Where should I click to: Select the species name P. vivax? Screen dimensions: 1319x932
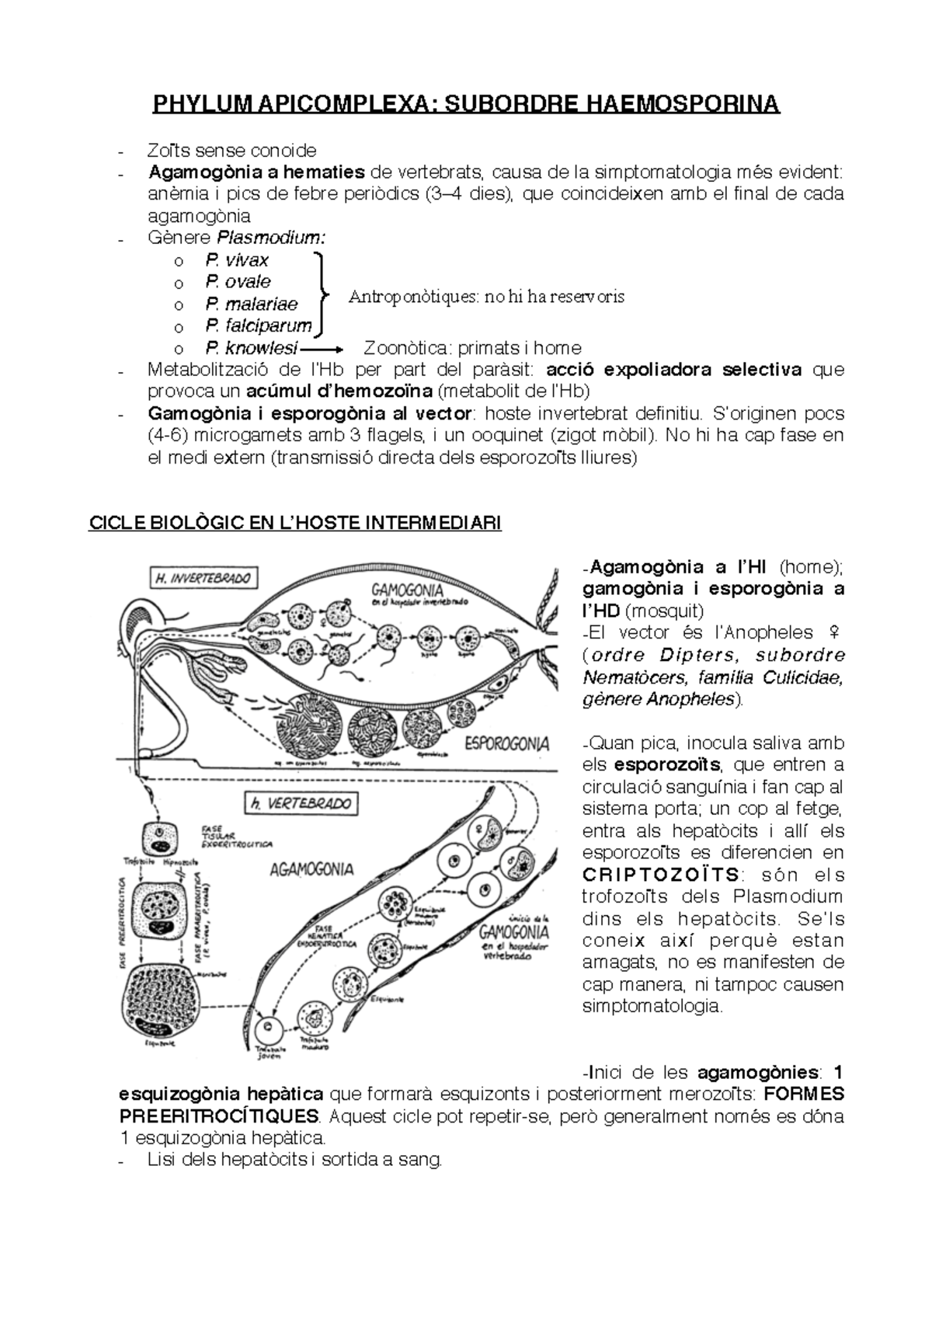point(237,260)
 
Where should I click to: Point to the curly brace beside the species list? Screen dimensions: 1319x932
point(322,294)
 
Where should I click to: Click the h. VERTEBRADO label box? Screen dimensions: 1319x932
point(298,804)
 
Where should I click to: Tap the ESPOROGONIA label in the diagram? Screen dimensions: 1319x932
point(506,743)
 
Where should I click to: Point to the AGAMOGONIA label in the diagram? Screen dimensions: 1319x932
point(311,869)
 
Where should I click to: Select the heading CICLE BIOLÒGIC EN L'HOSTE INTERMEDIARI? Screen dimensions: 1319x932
point(296,523)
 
